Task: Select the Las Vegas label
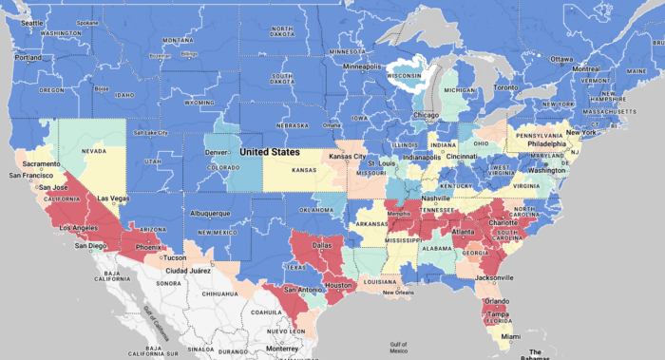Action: click(113, 198)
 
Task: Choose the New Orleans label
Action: click(399, 293)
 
